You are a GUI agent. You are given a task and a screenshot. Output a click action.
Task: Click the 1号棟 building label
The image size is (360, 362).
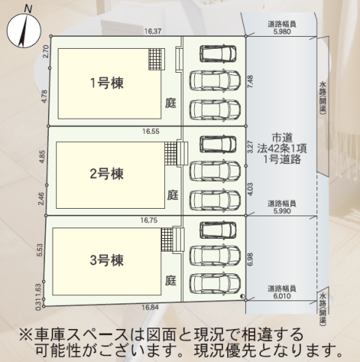(x=106, y=83)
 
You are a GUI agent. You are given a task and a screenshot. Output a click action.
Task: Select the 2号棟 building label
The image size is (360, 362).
(x=106, y=173)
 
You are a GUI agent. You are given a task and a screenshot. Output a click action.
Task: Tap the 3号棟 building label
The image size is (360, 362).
(x=106, y=260)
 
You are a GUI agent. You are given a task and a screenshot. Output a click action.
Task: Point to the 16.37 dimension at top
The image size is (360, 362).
(x=153, y=32)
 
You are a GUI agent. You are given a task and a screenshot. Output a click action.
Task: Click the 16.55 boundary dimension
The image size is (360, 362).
(x=151, y=131)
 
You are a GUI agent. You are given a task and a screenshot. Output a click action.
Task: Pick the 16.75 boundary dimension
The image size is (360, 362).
(x=148, y=220)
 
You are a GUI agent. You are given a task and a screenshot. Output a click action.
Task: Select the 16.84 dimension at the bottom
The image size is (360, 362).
(x=150, y=307)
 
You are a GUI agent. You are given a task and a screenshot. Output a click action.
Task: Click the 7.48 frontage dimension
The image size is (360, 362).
(x=250, y=81)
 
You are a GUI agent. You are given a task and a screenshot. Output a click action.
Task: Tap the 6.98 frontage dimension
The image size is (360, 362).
(x=250, y=259)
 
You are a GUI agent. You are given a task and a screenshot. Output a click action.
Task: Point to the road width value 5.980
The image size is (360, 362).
(x=282, y=32)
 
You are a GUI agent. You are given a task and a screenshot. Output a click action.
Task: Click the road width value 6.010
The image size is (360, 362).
(x=282, y=296)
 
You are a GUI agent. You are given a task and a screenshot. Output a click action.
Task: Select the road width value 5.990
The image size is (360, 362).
(x=282, y=211)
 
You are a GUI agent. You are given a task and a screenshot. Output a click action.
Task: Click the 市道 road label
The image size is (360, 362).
(x=282, y=138)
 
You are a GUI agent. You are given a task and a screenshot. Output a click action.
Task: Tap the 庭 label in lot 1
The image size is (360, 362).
(x=170, y=103)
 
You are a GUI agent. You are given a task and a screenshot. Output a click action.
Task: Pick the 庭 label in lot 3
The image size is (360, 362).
(x=170, y=280)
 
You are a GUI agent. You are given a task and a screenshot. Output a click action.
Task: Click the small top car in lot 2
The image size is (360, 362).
(x=217, y=144)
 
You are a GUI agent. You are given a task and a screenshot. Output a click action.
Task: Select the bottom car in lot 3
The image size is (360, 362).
(x=214, y=283)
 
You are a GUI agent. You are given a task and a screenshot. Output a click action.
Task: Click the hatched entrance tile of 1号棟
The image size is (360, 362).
(x=155, y=59)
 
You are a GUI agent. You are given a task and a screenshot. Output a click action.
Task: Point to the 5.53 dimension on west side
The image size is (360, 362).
(x=40, y=250)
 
